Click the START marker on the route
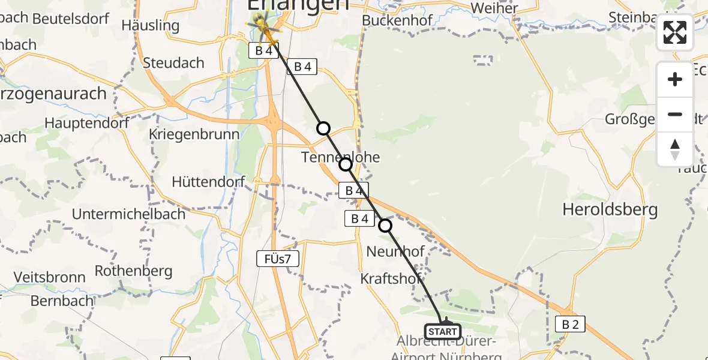[x=443, y=331]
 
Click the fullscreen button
[x=675, y=32]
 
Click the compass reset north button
[x=675, y=149]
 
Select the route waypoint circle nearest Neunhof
[x=385, y=226]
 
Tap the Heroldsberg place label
[x=610, y=209]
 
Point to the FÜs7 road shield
[x=277, y=259]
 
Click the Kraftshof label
[x=390, y=278]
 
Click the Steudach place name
[x=174, y=62]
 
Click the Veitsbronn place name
[x=49, y=277]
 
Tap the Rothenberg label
[x=133, y=271]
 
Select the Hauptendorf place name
[x=87, y=123]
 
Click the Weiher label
[x=494, y=8]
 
